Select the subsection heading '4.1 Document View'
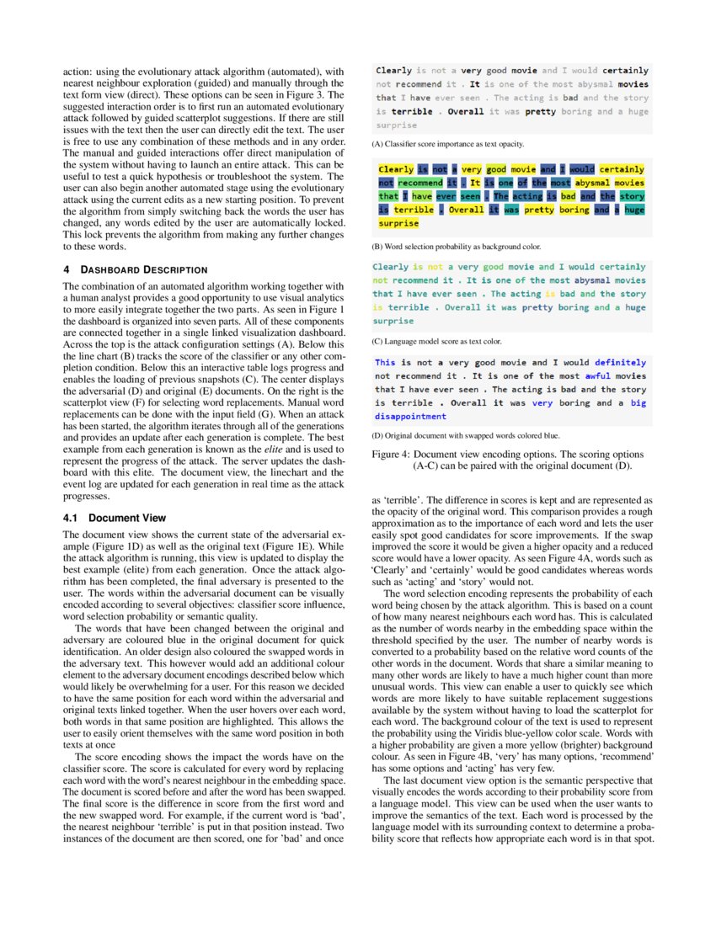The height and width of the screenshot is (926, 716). click(115, 518)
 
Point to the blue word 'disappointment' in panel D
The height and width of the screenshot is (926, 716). click(410, 417)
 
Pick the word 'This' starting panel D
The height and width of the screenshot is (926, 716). click(386, 363)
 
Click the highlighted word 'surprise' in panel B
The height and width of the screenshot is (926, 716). click(398, 224)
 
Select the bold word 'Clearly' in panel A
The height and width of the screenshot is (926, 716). click(393, 71)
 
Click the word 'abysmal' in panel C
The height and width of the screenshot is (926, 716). click(595, 280)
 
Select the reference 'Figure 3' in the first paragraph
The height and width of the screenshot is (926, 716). click(302, 95)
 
